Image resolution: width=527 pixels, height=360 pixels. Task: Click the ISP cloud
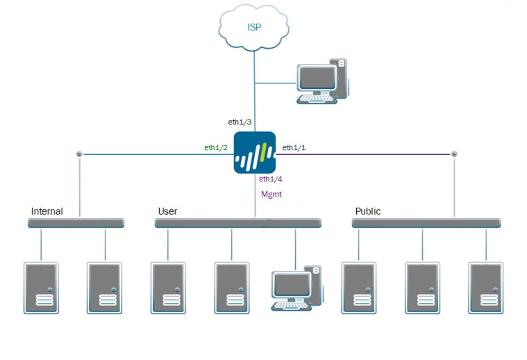[x=254, y=27]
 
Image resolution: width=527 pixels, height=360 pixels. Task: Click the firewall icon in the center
[x=254, y=153]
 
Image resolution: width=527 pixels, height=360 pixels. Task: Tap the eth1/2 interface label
[x=215, y=147]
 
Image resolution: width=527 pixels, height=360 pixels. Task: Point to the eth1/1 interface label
[x=294, y=147]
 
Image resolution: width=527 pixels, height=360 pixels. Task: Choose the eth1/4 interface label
[x=271, y=179]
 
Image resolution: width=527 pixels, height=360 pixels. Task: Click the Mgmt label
[x=271, y=195]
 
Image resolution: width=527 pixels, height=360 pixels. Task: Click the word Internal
[x=47, y=211]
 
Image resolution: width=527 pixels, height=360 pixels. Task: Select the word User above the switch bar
[x=167, y=211]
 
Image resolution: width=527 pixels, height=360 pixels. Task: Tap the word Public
[x=368, y=211]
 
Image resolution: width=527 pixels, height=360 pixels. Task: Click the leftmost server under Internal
[x=41, y=288]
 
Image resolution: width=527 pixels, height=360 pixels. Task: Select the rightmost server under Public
[x=485, y=288]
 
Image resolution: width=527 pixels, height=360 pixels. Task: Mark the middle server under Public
[x=422, y=288]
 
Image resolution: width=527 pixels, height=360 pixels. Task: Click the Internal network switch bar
[x=76, y=223]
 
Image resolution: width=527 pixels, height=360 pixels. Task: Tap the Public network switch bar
[x=426, y=223]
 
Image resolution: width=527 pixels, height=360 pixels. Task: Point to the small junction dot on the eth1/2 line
[x=79, y=154]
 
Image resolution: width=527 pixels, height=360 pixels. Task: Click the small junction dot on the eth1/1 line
[x=454, y=154]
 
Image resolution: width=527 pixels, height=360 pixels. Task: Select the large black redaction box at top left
[x=99, y=57]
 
